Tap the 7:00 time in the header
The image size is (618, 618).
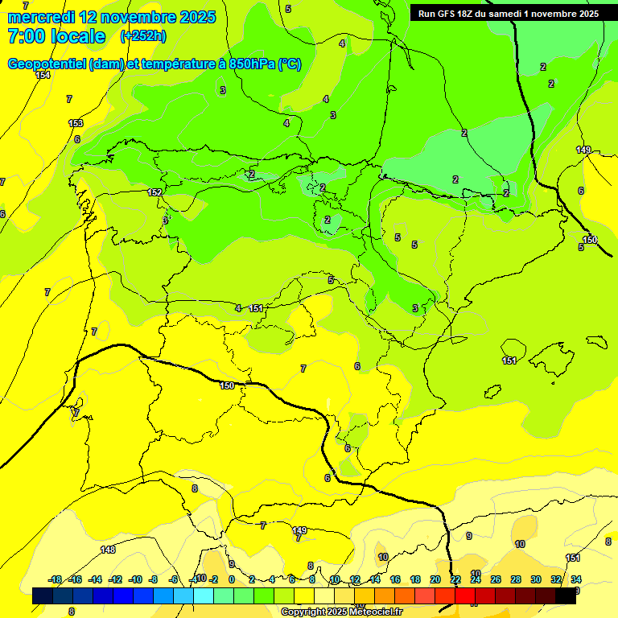[x=23, y=36]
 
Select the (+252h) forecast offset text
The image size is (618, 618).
[x=144, y=36]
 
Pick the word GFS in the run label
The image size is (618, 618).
[x=448, y=14]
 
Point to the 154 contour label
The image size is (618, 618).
[x=43, y=75]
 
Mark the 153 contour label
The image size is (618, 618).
[x=76, y=123]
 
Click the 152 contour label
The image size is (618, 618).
[x=154, y=192]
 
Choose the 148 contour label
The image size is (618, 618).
[x=108, y=550]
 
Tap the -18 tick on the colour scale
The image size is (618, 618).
[x=56, y=579]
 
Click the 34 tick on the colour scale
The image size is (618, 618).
[x=576, y=579]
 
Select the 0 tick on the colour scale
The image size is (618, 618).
[x=232, y=579]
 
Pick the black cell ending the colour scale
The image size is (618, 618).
[x=566, y=595]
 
